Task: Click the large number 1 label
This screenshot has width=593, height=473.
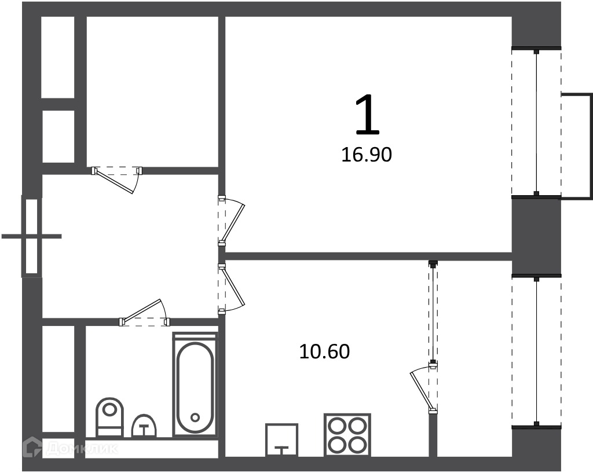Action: coord(367,115)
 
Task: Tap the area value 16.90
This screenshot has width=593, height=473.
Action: coord(367,155)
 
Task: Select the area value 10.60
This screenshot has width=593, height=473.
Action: coord(324,351)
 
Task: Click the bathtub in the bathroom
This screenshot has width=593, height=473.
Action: coord(195,385)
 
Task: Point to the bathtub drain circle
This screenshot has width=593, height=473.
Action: coord(195,417)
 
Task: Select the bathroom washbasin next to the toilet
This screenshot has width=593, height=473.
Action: coord(144,426)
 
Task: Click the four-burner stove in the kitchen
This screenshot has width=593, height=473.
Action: coord(347,435)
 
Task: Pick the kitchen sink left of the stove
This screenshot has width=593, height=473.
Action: coord(282,440)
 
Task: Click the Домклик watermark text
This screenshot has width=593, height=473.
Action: coord(82,449)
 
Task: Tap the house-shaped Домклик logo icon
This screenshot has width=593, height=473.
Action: coord(33,448)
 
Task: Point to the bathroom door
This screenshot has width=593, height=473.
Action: coord(144,313)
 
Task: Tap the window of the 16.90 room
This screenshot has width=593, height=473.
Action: coord(536,123)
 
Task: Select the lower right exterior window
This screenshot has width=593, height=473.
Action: coord(536,351)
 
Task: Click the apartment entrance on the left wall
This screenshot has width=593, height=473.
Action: coord(32,236)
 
